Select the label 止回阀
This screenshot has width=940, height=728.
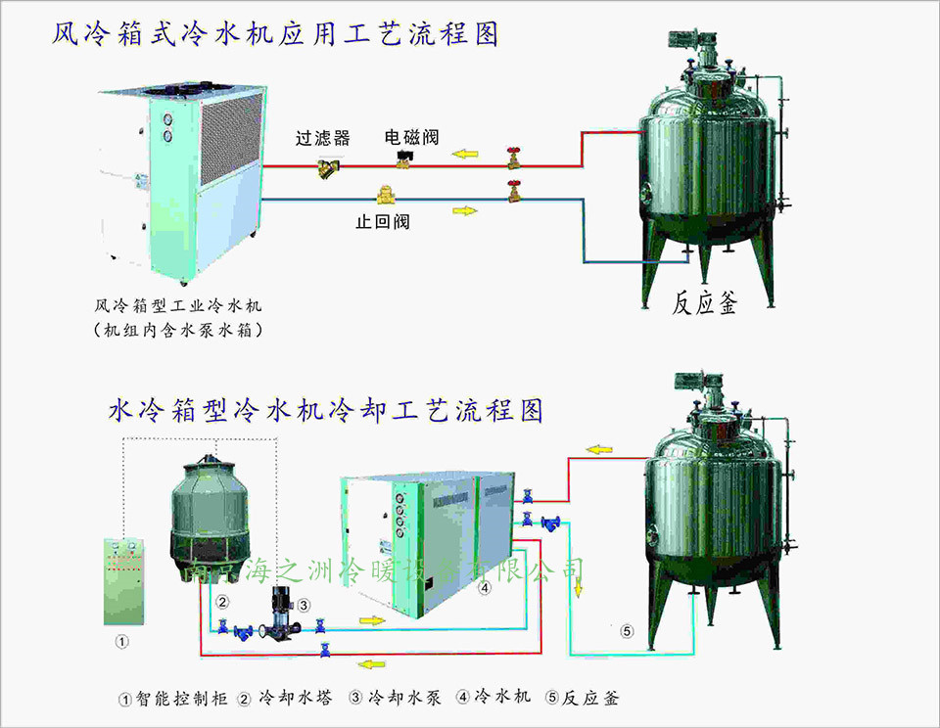(x=382, y=222)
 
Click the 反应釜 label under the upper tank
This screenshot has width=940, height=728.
(x=705, y=302)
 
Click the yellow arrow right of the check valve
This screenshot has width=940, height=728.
(x=466, y=209)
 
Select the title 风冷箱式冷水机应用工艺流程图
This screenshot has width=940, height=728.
(x=275, y=35)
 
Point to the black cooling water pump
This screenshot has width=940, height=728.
(x=278, y=613)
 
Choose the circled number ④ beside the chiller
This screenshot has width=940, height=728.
(x=485, y=588)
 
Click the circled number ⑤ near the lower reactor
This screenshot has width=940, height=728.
(x=628, y=631)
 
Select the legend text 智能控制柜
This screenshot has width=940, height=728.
(x=181, y=699)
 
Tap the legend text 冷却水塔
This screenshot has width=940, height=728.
(x=295, y=699)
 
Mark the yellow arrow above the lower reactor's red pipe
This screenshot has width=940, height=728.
(x=599, y=450)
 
